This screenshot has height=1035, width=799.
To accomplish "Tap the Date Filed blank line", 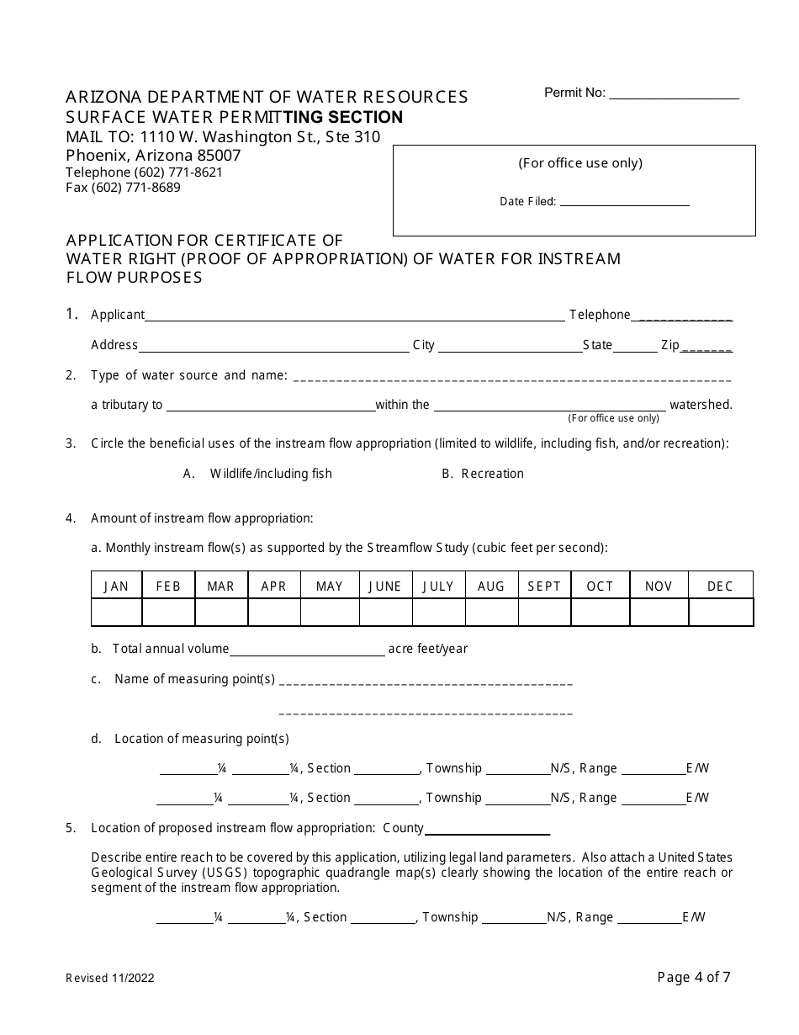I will (x=624, y=203).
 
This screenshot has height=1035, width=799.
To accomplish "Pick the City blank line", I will (x=510, y=347).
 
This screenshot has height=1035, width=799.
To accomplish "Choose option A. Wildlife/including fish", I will (x=258, y=474).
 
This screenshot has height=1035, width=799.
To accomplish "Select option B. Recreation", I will (x=483, y=474).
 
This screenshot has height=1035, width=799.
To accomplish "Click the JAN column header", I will (x=116, y=586).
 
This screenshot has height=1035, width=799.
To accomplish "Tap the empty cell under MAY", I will (x=330, y=613).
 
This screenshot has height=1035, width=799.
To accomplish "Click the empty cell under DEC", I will (x=720, y=613).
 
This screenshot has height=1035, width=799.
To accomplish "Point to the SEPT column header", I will (x=544, y=586).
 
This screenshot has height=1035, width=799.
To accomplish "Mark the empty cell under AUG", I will (x=491, y=613).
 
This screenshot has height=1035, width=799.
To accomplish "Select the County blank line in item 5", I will (x=487, y=831).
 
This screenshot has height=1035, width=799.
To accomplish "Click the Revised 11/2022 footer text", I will (x=110, y=978).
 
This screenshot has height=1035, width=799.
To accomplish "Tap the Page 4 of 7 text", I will (x=694, y=977).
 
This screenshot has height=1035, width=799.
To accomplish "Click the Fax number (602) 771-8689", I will (x=123, y=188).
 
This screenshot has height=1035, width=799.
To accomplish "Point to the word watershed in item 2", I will (x=701, y=405).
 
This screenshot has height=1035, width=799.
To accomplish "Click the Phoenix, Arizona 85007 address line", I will (x=153, y=156).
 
